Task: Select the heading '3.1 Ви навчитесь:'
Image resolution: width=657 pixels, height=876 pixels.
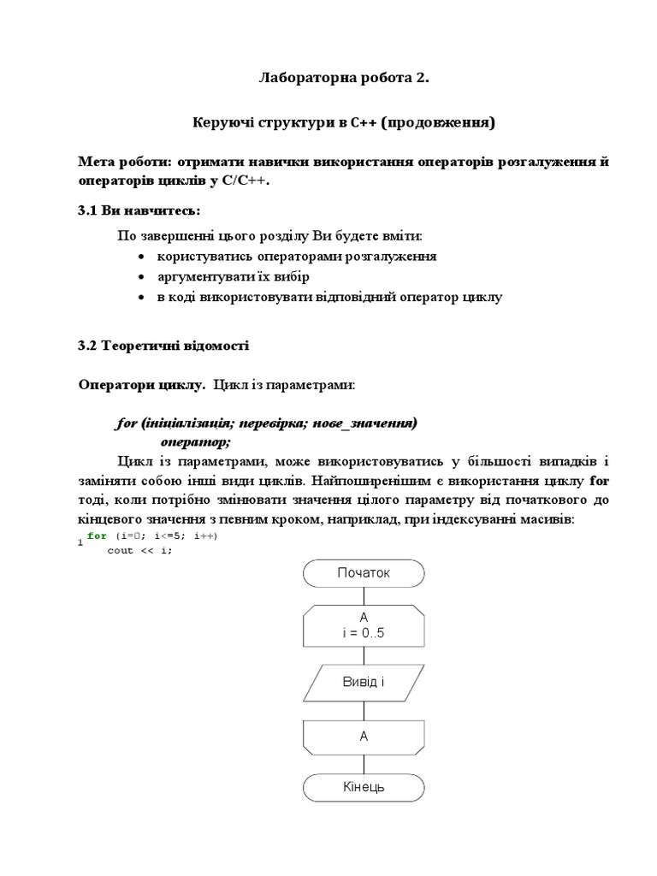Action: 139,210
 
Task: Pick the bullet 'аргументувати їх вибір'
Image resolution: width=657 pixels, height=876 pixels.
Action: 233,277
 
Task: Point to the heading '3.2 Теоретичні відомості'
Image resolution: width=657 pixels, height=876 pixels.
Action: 163,346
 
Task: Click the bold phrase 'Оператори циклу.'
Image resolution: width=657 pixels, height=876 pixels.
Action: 142,385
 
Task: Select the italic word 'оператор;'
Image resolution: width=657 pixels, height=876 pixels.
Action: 196,441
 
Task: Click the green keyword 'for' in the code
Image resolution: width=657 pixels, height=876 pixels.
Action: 98,536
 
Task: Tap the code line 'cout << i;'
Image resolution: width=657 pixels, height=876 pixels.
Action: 139,550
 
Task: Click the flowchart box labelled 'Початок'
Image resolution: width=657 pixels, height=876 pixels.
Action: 364,573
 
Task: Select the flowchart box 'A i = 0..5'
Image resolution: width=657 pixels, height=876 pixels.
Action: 364,626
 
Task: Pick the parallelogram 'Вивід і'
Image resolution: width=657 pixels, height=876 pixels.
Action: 364,682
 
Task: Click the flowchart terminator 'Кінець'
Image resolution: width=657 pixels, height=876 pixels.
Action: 364,786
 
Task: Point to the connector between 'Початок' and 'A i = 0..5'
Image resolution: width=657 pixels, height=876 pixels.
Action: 364,596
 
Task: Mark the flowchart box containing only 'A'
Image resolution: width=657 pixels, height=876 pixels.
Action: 364,735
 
